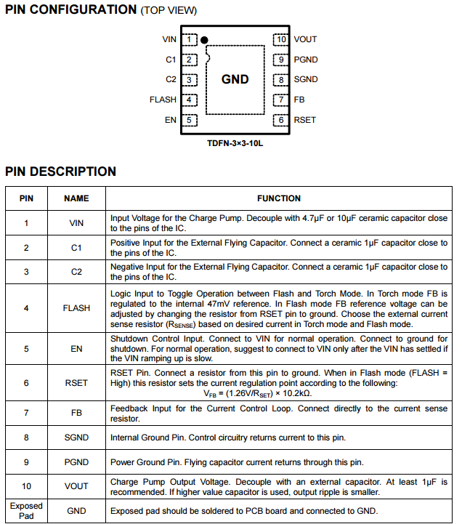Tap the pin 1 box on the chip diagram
(x=189, y=39)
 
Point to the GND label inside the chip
(x=235, y=80)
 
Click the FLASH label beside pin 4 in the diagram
(x=163, y=100)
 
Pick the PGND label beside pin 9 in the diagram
(x=306, y=60)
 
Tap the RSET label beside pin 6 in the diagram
(x=305, y=120)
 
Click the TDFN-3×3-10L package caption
(x=235, y=144)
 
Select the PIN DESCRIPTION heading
(x=61, y=172)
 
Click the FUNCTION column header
(x=278, y=198)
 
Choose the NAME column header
(x=76, y=198)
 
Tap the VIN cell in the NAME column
(x=76, y=223)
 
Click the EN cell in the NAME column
(x=76, y=348)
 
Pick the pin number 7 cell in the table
(x=26, y=413)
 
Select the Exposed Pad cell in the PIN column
(x=26, y=511)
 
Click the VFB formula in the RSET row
(x=258, y=393)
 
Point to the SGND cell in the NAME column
(x=76, y=438)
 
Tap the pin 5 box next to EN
(x=189, y=120)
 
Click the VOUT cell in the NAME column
(x=76, y=486)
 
